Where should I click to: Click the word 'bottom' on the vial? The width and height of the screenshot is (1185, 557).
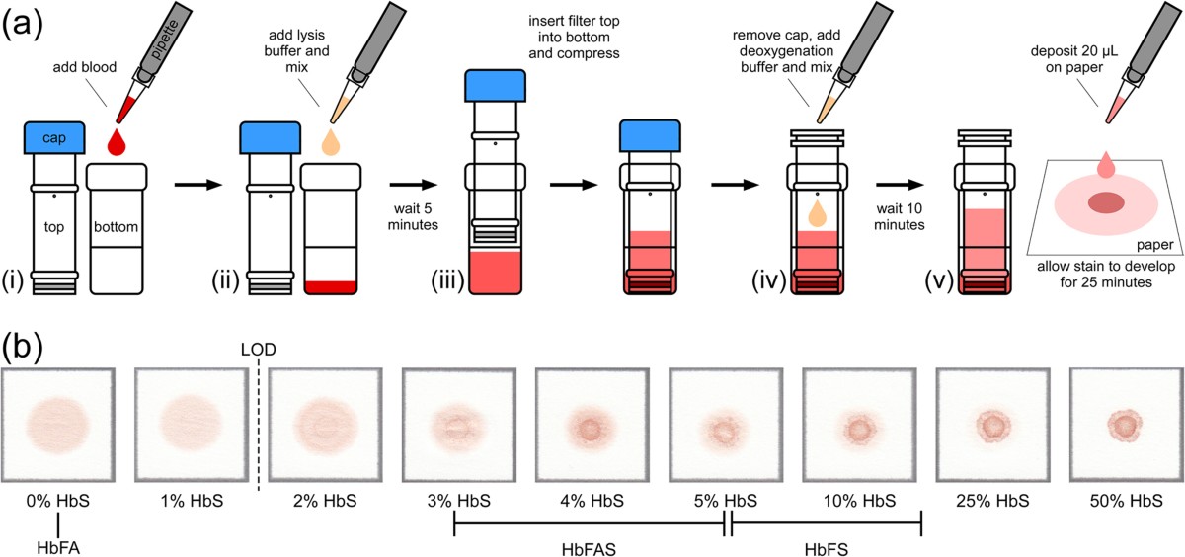(x=118, y=227)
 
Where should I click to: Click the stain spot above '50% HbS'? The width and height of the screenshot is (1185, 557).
(x=1124, y=424)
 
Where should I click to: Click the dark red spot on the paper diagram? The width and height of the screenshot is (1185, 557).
(x=1107, y=203)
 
